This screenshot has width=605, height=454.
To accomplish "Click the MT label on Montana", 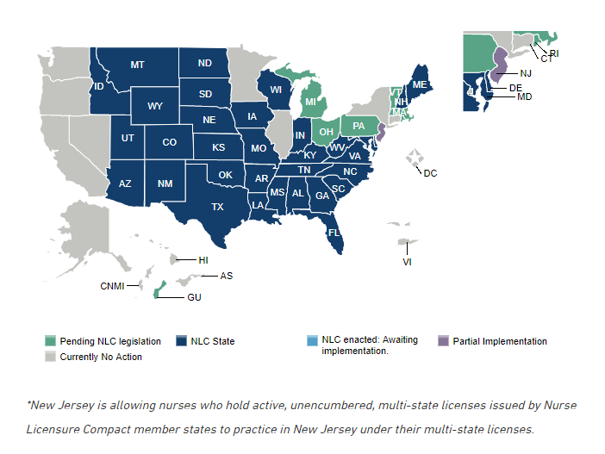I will click(x=137, y=65).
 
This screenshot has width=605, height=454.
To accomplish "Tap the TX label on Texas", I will click(x=217, y=207).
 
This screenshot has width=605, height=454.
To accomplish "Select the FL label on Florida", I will click(x=333, y=232).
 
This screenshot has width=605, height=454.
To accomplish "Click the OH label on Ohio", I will click(x=326, y=132).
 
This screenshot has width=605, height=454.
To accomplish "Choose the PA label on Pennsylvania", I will click(x=358, y=127).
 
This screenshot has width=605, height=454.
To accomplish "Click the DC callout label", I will click(x=430, y=173).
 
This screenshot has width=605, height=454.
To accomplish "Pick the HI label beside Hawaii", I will click(x=203, y=259).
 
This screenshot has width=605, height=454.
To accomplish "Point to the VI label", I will click(x=408, y=261).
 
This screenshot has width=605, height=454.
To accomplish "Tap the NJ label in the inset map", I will click(x=525, y=73).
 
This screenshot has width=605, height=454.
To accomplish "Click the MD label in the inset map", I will click(x=524, y=97).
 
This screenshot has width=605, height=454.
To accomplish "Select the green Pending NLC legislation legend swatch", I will click(x=51, y=341).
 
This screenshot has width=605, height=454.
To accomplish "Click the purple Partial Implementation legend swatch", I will click(x=444, y=341).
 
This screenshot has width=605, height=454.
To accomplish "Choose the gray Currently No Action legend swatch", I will click(x=51, y=357).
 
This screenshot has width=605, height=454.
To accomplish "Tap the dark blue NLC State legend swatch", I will click(x=181, y=341).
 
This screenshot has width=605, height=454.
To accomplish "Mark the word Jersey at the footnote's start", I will click(x=78, y=405).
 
